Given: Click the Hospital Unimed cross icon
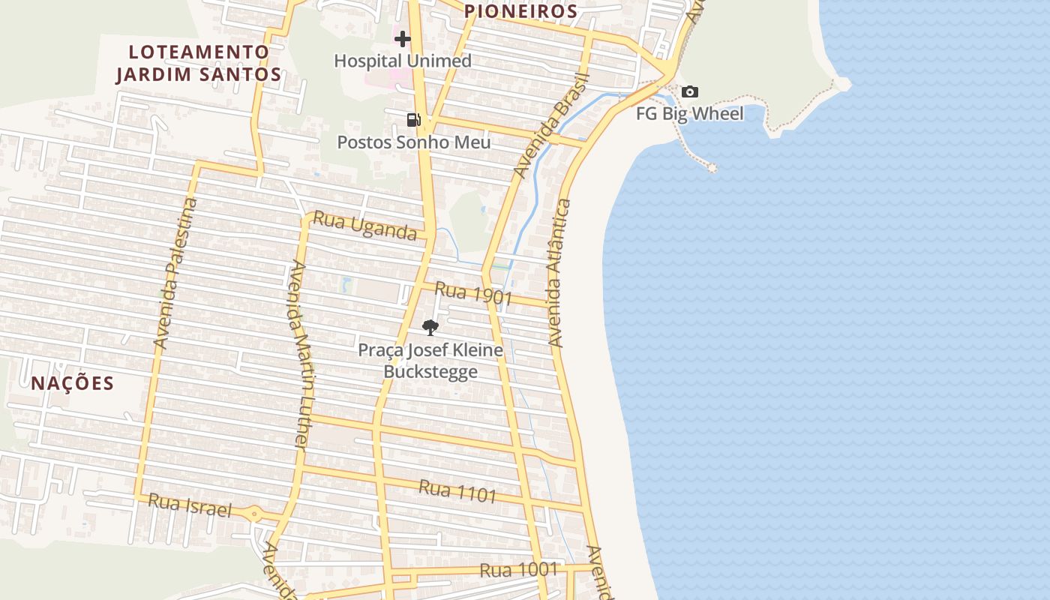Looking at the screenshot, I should [403, 39].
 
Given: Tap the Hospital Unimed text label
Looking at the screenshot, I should [403, 61].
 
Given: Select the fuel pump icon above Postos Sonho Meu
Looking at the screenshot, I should [413, 119].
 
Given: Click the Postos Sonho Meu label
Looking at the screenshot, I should [413, 142].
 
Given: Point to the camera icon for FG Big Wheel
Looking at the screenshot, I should [689, 92].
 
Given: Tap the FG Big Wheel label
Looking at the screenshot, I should [689, 114].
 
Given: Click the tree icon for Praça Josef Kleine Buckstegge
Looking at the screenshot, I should [430, 327].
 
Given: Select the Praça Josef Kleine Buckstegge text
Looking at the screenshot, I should [430, 361].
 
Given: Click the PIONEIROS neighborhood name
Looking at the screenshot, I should [520, 11].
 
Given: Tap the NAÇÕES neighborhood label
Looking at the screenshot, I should [73, 383].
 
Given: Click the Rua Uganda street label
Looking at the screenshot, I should [364, 226].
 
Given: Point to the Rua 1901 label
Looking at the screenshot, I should [473, 293].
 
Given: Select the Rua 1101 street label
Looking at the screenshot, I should [457, 491].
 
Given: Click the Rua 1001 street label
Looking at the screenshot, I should [519, 569].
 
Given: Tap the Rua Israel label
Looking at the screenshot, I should [190, 505].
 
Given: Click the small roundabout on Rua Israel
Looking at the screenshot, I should [255, 514].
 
